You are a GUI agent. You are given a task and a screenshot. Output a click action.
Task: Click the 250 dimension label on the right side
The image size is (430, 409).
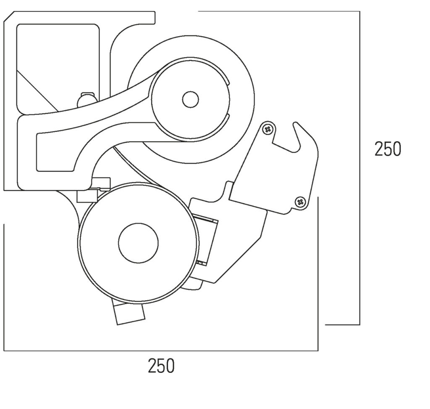coord(388,149)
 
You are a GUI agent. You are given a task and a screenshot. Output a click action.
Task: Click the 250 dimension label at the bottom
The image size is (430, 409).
coord(161,366)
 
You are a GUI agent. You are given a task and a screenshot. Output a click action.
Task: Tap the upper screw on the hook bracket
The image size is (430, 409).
coord(267,129)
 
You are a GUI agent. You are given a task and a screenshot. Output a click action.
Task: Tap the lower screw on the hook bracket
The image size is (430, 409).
coord(300,202)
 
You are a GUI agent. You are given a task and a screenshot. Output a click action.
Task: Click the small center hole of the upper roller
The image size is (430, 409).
coord(190,99)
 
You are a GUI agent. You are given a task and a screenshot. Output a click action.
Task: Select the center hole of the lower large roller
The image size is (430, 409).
coord(138,243)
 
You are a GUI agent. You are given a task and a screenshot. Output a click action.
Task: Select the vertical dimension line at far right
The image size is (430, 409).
coord(359,168)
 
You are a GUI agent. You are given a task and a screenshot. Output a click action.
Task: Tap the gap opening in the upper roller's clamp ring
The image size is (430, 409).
coord(229,99)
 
